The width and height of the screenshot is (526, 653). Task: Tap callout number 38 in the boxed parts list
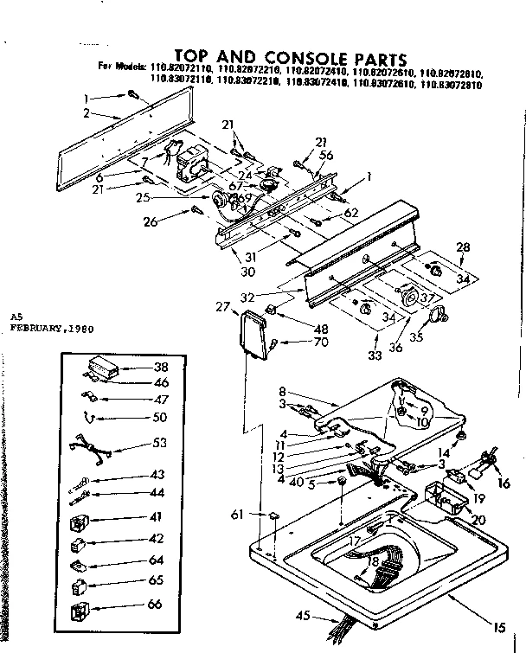click(161, 367)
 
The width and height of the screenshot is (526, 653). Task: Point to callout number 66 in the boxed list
click(155, 603)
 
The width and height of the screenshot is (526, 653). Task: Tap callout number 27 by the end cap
click(223, 306)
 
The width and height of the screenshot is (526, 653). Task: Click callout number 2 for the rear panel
click(87, 112)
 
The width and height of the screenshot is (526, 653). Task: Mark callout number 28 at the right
click(463, 248)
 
